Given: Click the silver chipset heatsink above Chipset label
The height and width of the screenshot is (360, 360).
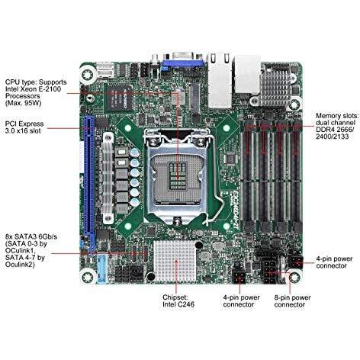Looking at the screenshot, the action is click(175, 261).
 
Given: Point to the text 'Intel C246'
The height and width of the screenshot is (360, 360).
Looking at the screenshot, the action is click(178, 304).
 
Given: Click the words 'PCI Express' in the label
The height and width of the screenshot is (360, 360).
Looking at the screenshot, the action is click(24, 124).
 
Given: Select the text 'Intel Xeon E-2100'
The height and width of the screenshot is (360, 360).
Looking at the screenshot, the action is click(33, 89).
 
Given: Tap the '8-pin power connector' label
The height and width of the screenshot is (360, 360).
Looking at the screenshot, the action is click(292, 301).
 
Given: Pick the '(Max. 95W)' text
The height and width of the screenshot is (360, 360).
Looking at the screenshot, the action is click(23, 103).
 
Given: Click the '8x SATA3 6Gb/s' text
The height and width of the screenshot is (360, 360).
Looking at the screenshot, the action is click(31, 237).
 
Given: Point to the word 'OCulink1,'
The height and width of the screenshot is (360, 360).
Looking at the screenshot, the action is click(20, 251).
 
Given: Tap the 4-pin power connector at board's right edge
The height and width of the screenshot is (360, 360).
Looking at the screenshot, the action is click(296, 262).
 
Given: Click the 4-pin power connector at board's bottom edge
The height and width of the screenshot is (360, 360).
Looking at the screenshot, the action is click(239, 277).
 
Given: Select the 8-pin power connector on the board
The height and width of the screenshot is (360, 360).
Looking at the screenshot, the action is click(269, 271).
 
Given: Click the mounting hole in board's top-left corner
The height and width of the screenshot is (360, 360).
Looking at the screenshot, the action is click(88, 75).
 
